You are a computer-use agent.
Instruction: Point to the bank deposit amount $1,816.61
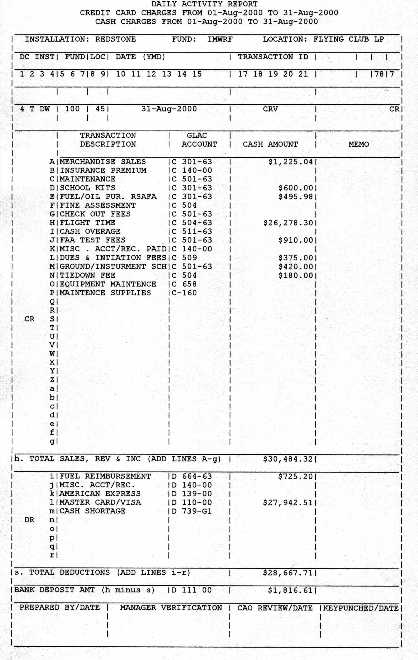[291, 590]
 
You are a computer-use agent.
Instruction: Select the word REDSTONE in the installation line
[115, 39]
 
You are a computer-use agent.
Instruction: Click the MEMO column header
[358, 145]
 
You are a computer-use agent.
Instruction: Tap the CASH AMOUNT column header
[270, 145]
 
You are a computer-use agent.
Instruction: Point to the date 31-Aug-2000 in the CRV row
[169, 109]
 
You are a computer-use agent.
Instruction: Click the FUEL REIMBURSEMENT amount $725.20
[295, 476]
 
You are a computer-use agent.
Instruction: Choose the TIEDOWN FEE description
[87, 275]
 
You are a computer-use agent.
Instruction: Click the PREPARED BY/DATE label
[60, 607]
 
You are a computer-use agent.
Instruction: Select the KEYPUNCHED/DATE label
[360, 608]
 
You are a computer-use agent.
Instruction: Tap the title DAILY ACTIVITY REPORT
[205, 4]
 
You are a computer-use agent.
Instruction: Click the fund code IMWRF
[220, 39]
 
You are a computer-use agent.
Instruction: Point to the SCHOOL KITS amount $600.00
[295, 188]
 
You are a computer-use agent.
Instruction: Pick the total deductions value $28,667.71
[288, 573]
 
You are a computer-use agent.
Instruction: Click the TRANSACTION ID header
[273, 57]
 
